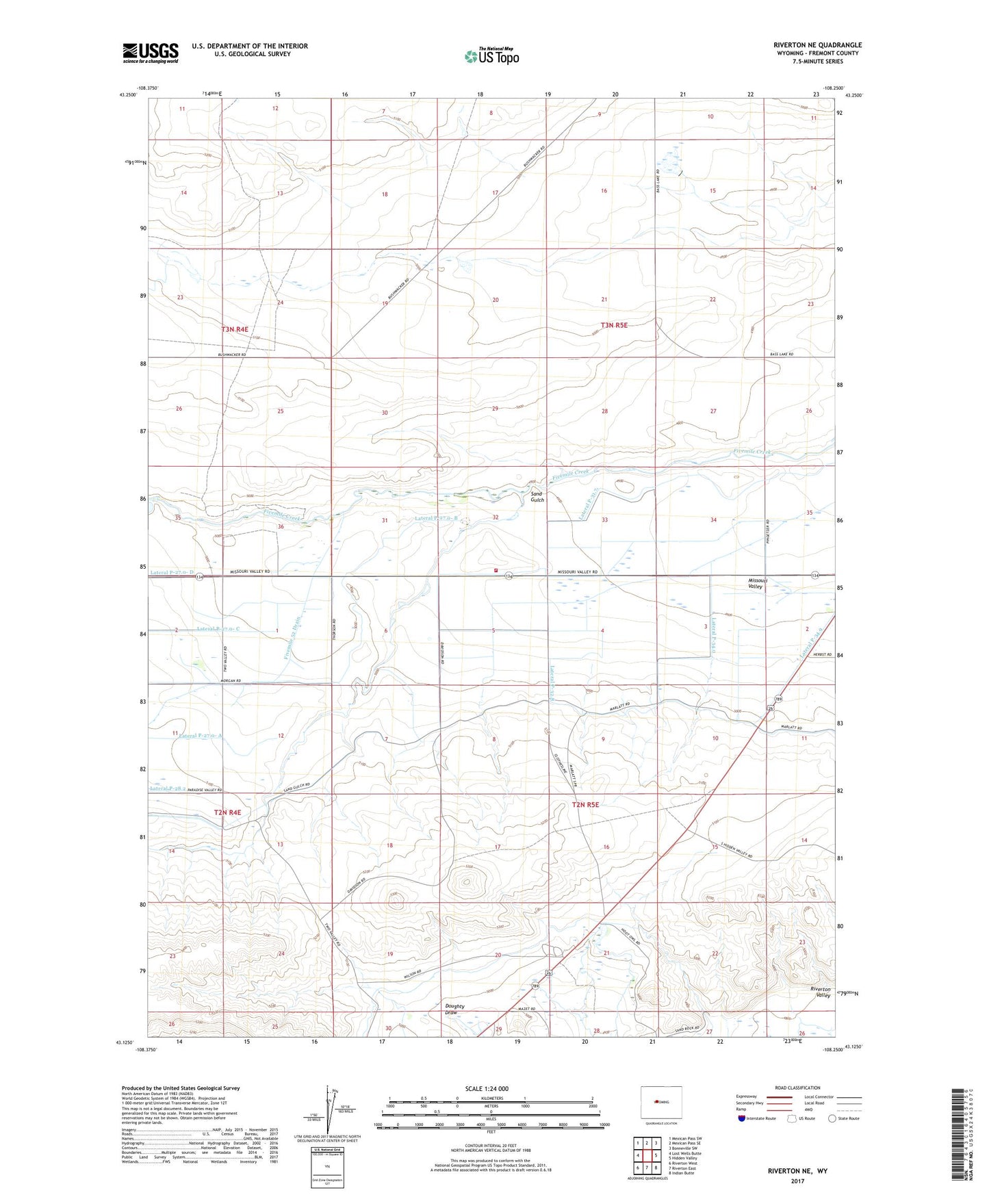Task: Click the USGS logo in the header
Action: [151, 53]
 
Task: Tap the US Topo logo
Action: [491, 56]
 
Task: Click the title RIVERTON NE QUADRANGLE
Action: [817, 45]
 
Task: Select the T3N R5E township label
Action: [614, 326]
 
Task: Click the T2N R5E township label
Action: [585, 805]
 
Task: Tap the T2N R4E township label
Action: [228, 812]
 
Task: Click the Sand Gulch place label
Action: [537, 497]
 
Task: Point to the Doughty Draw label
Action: [454, 1009]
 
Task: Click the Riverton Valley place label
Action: [820, 992]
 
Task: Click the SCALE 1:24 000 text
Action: [487, 1088]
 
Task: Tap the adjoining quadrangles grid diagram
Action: [646, 1157]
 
